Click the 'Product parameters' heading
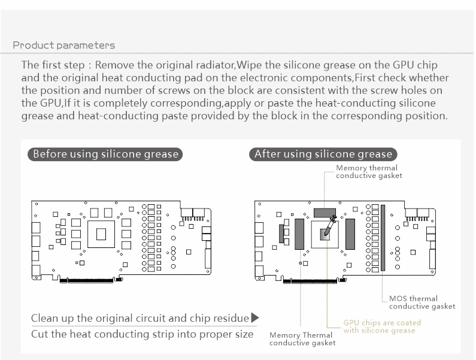(x=63, y=46)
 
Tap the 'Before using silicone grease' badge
(x=105, y=154)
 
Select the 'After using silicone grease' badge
(x=323, y=154)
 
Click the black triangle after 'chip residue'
(x=255, y=318)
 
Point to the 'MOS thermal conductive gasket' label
(x=422, y=302)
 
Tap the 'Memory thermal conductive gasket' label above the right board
(x=369, y=172)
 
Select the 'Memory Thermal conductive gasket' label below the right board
(x=302, y=338)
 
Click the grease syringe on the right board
(x=330, y=225)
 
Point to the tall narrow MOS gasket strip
(x=383, y=238)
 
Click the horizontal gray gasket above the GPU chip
(x=325, y=213)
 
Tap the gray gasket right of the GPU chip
(x=350, y=234)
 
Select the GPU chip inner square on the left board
(x=101, y=234)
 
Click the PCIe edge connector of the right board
(x=310, y=282)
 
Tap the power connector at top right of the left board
(x=193, y=214)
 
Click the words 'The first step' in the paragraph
(x=53, y=65)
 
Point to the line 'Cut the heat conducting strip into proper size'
(x=142, y=334)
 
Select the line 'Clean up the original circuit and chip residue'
(x=140, y=318)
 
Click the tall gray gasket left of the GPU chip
(x=299, y=234)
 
